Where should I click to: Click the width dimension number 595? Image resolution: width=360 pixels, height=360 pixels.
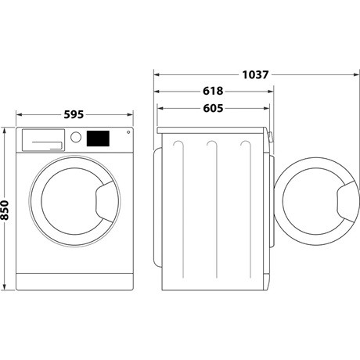point(74,115)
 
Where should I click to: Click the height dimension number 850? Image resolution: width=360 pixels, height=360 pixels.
point(7,209)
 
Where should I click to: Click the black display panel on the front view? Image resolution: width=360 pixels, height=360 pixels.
point(98,138)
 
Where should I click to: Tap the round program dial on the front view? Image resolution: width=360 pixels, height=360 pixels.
point(76,138)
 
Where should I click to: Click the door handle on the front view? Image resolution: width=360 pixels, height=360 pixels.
point(103,200)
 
